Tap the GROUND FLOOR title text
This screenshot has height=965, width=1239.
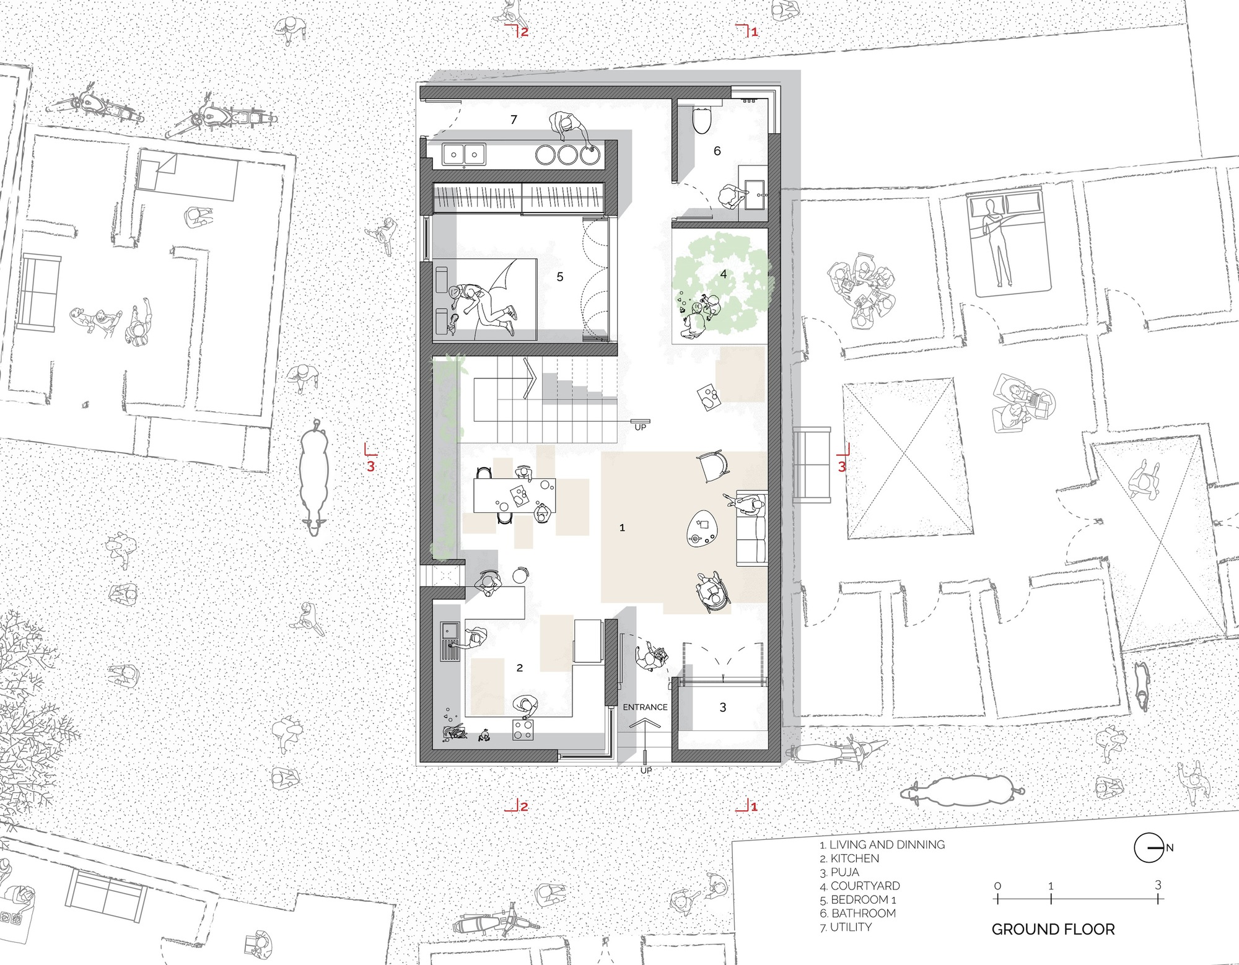click(1053, 929)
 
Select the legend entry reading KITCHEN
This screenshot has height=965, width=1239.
click(849, 858)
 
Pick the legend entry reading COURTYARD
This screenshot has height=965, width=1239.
click(860, 886)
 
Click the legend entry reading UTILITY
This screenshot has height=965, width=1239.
click(846, 927)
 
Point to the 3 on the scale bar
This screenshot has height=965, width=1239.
click(1158, 885)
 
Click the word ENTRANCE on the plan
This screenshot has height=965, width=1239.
click(645, 707)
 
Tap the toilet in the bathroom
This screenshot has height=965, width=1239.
click(701, 120)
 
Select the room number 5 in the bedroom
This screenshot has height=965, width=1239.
click(560, 277)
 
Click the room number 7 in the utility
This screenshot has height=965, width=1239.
click(514, 120)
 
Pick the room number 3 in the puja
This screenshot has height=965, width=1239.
click(723, 707)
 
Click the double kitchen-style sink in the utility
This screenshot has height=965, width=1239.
click(464, 154)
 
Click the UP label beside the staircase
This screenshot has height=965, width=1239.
click(640, 427)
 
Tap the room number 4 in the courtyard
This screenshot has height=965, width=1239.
click(723, 274)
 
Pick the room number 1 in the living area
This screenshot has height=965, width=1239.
click(622, 528)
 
